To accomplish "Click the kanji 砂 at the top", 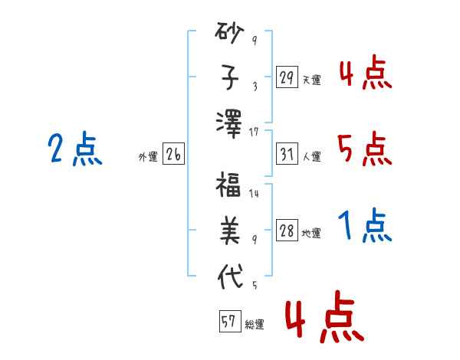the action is click(229, 32).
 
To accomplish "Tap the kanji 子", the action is click(230, 77).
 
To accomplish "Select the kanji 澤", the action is click(229, 124).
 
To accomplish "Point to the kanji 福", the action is click(228, 184).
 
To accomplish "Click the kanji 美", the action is click(230, 231).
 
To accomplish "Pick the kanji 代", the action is click(230, 277).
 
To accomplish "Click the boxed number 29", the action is click(287, 77).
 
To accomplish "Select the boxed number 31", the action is click(287, 154).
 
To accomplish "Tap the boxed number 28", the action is click(287, 230).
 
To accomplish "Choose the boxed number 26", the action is click(173, 154).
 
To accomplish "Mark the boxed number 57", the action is click(230, 321).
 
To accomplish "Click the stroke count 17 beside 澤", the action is click(254, 132).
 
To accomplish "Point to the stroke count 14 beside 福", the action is click(254, 193).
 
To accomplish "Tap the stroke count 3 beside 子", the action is click(255, 86).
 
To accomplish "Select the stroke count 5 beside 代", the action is click(255, 285).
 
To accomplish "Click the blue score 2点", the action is click(75, 149).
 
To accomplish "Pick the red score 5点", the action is click(365, 149).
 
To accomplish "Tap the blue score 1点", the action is click(365, 225).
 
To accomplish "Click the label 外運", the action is click(148, 157).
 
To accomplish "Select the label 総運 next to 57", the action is click(255, 324).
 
